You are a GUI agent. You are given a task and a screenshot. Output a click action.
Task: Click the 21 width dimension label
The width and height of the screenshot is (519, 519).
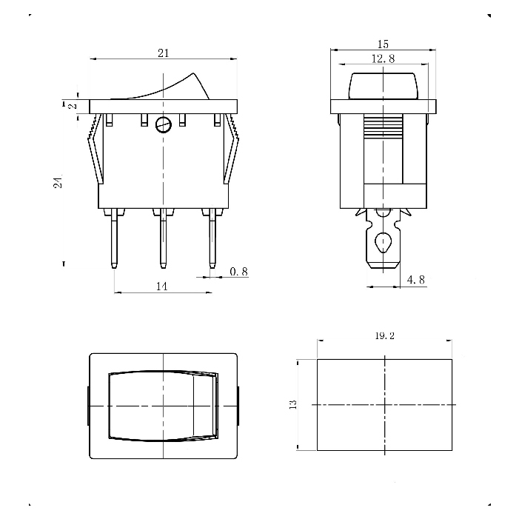click(x=163, y=53)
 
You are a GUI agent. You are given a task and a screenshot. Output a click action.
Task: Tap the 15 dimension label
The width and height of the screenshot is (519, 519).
click(x=383, y=44)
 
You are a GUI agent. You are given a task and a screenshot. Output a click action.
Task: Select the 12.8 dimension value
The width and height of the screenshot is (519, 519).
click(x=384, y=58)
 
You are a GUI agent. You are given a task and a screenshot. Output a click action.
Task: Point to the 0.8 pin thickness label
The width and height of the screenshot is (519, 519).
click(x=238, y=272)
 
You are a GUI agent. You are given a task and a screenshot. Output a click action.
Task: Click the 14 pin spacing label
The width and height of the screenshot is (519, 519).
click(x=162, y=286)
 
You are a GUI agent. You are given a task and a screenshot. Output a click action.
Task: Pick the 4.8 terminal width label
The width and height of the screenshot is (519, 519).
click(x=416, y=280)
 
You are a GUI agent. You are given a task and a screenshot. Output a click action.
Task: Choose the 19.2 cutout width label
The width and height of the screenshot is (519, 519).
click(x=384, y=335)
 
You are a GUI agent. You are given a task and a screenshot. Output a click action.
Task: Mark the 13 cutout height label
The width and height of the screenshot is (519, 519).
click(x=293, y=404)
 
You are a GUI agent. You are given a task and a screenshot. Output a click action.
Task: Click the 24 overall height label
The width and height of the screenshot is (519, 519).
click(x=58, y=181)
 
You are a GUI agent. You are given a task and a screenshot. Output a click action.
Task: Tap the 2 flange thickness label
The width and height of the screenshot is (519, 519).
click(x=73, y=106)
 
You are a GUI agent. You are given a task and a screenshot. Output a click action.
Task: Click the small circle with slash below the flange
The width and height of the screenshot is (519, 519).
click(x=164, y=125)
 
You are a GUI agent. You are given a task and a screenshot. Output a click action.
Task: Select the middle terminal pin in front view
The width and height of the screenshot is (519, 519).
click(x=163, y=238)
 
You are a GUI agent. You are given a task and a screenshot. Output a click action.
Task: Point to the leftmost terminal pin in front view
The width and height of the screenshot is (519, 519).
click(x=114, y=238)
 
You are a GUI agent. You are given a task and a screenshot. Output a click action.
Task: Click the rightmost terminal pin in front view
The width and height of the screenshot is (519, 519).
click(x=212, y=238)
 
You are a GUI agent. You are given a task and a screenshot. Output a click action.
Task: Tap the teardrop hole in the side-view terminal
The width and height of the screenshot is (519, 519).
click(x=384, y=243)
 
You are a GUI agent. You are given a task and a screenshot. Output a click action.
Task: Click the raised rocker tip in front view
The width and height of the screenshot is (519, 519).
click(x=194, y=75)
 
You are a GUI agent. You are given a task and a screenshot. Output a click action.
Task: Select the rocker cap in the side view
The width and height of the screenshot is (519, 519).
click(x=384, y=86)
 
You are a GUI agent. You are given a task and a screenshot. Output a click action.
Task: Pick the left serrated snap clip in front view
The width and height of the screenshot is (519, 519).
click(x=96, y=149)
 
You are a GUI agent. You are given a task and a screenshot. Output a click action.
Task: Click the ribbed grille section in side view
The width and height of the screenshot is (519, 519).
click(x=384, y=127)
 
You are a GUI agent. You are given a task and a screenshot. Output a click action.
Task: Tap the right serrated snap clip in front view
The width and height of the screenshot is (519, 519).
click(x=231, y=149)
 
